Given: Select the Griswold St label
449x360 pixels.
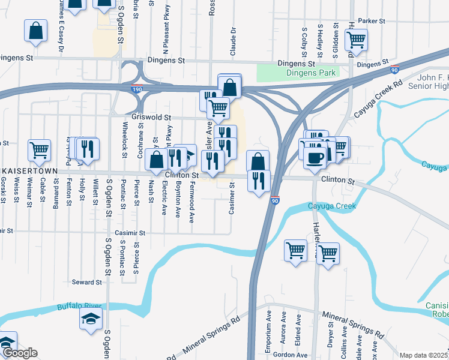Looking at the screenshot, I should pyautogui.click(x=151, y=118).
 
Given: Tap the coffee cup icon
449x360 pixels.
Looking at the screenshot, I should pyautogui.click(x=315, y=157).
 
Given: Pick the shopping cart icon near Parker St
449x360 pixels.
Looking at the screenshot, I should pyautogui.click(x=357, y=40).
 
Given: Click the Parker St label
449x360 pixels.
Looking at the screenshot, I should pyautogui.click(x=371, y=20).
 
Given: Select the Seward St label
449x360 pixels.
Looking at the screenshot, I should pyautogui.click(x=86, y=282).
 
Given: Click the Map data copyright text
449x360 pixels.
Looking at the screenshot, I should pyautogui.click(x=424, y=355).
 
